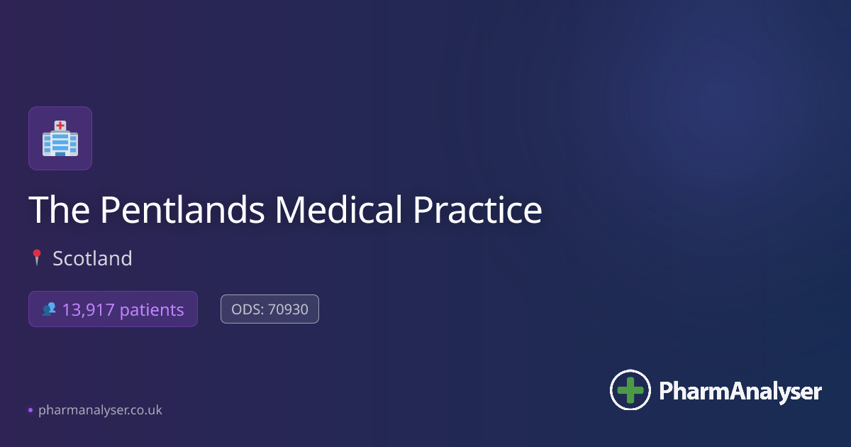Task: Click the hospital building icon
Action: (x=60, y=138)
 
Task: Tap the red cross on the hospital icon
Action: (x=60, y=125)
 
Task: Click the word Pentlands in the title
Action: (x=182, y=209)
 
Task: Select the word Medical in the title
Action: (x=338, y=209)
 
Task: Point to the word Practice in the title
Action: (x=477, y=209)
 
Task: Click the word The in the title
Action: (x=60, y=209)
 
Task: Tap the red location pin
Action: (x=37, y=258)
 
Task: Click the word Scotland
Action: (x=92, y=258)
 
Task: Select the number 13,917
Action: (x=88, y=310)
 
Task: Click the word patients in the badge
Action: (x=152, y=310)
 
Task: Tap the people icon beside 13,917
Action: (x=49, y=309)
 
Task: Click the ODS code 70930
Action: (x=289, y=309)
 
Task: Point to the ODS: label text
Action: (x=247, y=309)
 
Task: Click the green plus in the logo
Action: (x=630, y=390)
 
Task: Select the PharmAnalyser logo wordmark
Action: (x=740, y=391)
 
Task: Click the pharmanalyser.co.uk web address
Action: (x=100, y=410)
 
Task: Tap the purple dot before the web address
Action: (x=30, y=410)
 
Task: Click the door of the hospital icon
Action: (x=60, y=153)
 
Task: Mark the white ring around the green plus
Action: (x=630, y=370)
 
